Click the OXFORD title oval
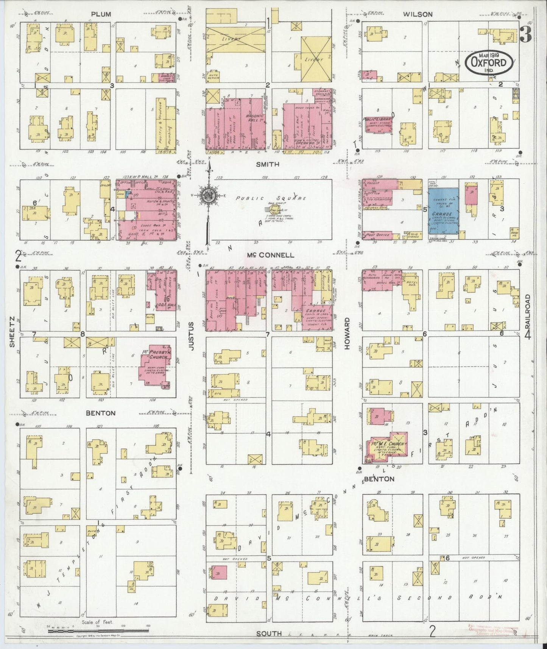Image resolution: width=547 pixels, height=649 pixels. [489, 61]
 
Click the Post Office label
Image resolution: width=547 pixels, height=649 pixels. [377, 235]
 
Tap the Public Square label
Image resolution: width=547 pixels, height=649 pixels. [270, 198]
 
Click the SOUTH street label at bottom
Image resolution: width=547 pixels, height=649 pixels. [268, 633]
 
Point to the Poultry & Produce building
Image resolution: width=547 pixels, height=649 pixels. [161, 125]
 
